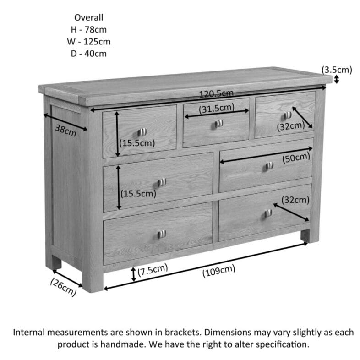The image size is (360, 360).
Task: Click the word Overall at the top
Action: (x=89, y=18)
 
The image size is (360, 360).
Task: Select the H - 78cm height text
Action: (x=89, y=30)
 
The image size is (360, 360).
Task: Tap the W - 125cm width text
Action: (x=89, y=42)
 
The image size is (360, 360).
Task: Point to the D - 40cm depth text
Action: (x=89, y=54)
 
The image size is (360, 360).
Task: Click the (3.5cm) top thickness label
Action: (x=337, y=70)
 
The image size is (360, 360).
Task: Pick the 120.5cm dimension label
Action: (x=216, y=93)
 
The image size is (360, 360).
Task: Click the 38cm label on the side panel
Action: (x=65, y=130)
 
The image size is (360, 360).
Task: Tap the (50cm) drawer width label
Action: (x=295, y=158)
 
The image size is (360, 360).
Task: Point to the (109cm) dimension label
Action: (x=218, y=271)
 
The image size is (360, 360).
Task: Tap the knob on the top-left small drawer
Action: (x=142, y=132)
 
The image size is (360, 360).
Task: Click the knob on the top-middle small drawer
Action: (x=219, y=123)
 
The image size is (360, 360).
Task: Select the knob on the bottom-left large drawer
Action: (x=161, y=234)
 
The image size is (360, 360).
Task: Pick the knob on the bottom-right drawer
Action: (x=268, y=213)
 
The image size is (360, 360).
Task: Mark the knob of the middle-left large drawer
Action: (x=161, y=182)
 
